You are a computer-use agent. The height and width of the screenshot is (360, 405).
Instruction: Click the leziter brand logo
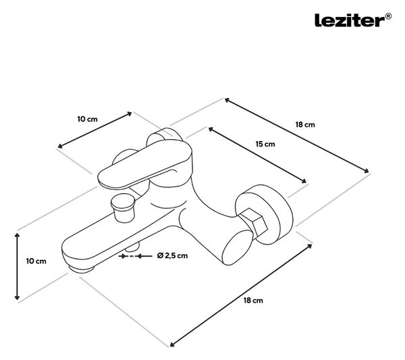[350, 20]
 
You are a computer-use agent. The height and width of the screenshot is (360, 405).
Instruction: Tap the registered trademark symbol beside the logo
[388, 16]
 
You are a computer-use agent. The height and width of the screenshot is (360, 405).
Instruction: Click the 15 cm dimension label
[265, 144]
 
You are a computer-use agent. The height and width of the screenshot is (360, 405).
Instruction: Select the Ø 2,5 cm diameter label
[172, 255]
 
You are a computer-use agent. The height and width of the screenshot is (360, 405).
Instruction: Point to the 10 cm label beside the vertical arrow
[36, 261]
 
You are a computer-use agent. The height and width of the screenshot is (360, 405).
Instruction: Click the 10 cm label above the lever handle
[88, 119]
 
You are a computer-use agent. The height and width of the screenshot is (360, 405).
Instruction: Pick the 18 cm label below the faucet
[253, 301]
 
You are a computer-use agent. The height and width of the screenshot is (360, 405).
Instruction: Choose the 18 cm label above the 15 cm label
[305, 124]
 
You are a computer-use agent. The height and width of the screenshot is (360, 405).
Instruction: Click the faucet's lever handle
[144, 165]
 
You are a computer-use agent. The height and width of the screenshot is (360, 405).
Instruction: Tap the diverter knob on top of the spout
[122, 207]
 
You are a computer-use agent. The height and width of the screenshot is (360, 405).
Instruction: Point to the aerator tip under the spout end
[81, 269]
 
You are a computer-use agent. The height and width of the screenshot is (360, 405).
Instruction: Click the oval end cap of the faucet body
[236, 248]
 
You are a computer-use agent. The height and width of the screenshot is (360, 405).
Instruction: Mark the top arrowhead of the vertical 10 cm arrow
[17, 235]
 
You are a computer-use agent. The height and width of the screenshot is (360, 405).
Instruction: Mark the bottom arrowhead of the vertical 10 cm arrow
[17, 297]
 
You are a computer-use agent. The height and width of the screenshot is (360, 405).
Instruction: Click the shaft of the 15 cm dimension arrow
[257, 155]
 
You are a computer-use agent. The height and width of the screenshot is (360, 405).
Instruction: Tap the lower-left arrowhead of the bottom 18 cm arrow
[173, 344]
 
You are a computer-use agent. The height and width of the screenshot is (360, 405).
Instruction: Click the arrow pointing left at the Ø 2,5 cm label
[144, 256]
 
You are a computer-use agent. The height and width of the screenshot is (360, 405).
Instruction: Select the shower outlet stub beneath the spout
[132, 247]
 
